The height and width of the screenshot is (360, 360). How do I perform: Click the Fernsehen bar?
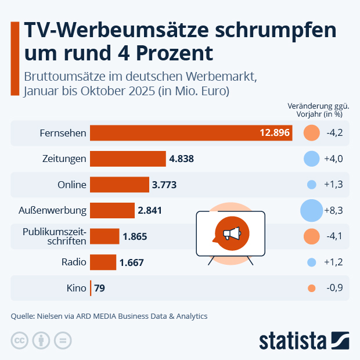point(191,133)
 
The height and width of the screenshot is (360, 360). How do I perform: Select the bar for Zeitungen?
point(128,159)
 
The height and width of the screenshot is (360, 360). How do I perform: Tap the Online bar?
point(120,185)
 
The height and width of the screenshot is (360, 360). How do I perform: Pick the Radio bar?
point(103,262)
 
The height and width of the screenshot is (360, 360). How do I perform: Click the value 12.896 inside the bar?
point(275,133)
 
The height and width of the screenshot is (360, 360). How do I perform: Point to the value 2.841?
point(150,210)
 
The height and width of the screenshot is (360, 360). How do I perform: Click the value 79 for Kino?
point(99,287)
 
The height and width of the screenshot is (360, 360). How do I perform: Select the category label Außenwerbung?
point(59,210)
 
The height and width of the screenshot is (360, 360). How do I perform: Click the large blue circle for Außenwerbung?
point(311,210)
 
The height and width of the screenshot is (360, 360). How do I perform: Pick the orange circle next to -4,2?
point(311,133)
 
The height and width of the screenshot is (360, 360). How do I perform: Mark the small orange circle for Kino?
point(311,288)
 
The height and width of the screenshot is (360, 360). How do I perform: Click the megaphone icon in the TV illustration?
point(231,233)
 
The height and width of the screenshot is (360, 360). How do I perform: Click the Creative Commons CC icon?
point(20,340)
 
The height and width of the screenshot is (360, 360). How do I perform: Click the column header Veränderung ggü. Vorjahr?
point(318,110)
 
